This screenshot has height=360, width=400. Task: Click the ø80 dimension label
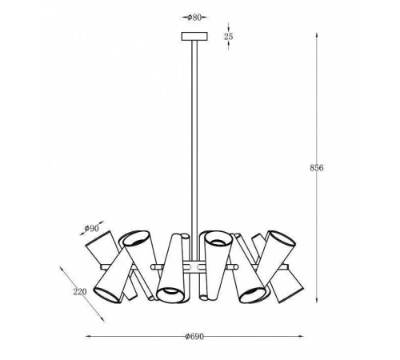click(194, 18)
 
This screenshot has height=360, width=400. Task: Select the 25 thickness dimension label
click(229, 36)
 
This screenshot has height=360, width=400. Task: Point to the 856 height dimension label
click(317, 168)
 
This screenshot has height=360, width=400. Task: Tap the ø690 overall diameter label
click(194, 337)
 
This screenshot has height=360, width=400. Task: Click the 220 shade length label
click(80, 292)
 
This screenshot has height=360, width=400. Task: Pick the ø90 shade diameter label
click(91, 229)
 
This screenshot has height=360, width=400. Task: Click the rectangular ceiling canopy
click(194, 36)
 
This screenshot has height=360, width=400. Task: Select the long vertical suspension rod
click(194, 150)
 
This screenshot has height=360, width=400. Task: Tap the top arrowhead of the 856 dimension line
click(317, 35)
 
